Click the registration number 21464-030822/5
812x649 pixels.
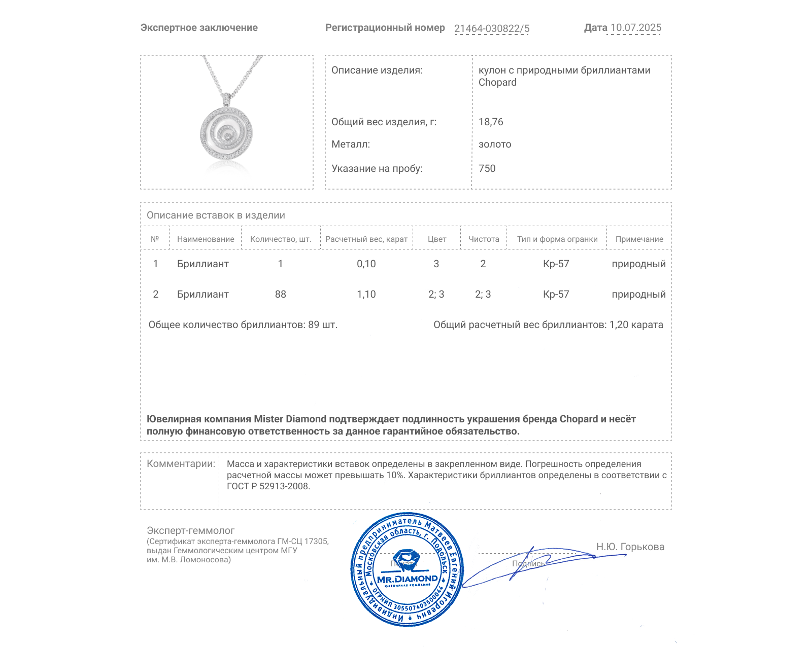click(x=491, y=28)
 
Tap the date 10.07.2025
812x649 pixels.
click(x=635, y=28)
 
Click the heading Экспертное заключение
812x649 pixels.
click(x=199, y=28)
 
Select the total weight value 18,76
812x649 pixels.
click(x=491, y=122)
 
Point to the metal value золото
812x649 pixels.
click(x=495, y=145)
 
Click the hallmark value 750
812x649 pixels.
click(x=487, y=169)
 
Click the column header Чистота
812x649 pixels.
click(x=484, y=239)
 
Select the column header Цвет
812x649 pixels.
click(x=436, y=239)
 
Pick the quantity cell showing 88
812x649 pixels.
click(x=281, y=295)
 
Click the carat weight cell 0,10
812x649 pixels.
click(x=366, y=264)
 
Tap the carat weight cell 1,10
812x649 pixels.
click(x=366, y=295)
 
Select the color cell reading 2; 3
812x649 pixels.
click(x=436, y=295)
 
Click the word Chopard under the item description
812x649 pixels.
click(x=497, y=83)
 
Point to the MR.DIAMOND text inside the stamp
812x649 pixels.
click(x=407, y=579)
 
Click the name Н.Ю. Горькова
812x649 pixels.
click(x=630, y=547)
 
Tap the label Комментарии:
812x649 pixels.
click(x=181, y=464)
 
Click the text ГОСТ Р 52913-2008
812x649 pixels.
click(x=268, y=487)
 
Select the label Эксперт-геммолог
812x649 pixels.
click(x=191, y=531)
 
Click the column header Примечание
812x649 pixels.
click(x=639, y=239)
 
